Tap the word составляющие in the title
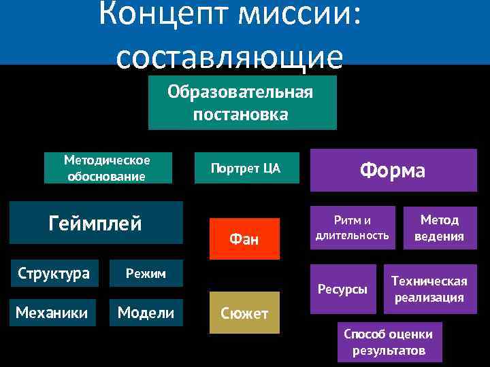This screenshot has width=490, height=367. click(x=229, y=57)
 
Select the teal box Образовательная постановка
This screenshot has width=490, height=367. click(x=242, y=103)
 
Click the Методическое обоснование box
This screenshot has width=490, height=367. click(x=106, y=168)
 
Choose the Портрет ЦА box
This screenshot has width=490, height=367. click(x=245, y=168)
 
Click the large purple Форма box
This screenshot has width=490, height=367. click(x=393, y=170)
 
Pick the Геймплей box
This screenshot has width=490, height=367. click(x=96, y=222)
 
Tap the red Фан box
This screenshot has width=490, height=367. click(x=244, y=239)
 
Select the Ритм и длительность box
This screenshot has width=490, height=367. click(x=352, y=228)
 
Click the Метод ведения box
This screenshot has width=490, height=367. click(x=440, y=228)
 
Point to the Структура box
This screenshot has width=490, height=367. click(x=54, y=273)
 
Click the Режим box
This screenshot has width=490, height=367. click(x=146, y=273)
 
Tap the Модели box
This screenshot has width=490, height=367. click(x=146, y=313)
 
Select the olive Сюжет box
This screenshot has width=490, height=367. click(x=244, y=313)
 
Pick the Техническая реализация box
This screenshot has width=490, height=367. click(x=429, y=289)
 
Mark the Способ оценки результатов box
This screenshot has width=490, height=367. click(x=388, y=342)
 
